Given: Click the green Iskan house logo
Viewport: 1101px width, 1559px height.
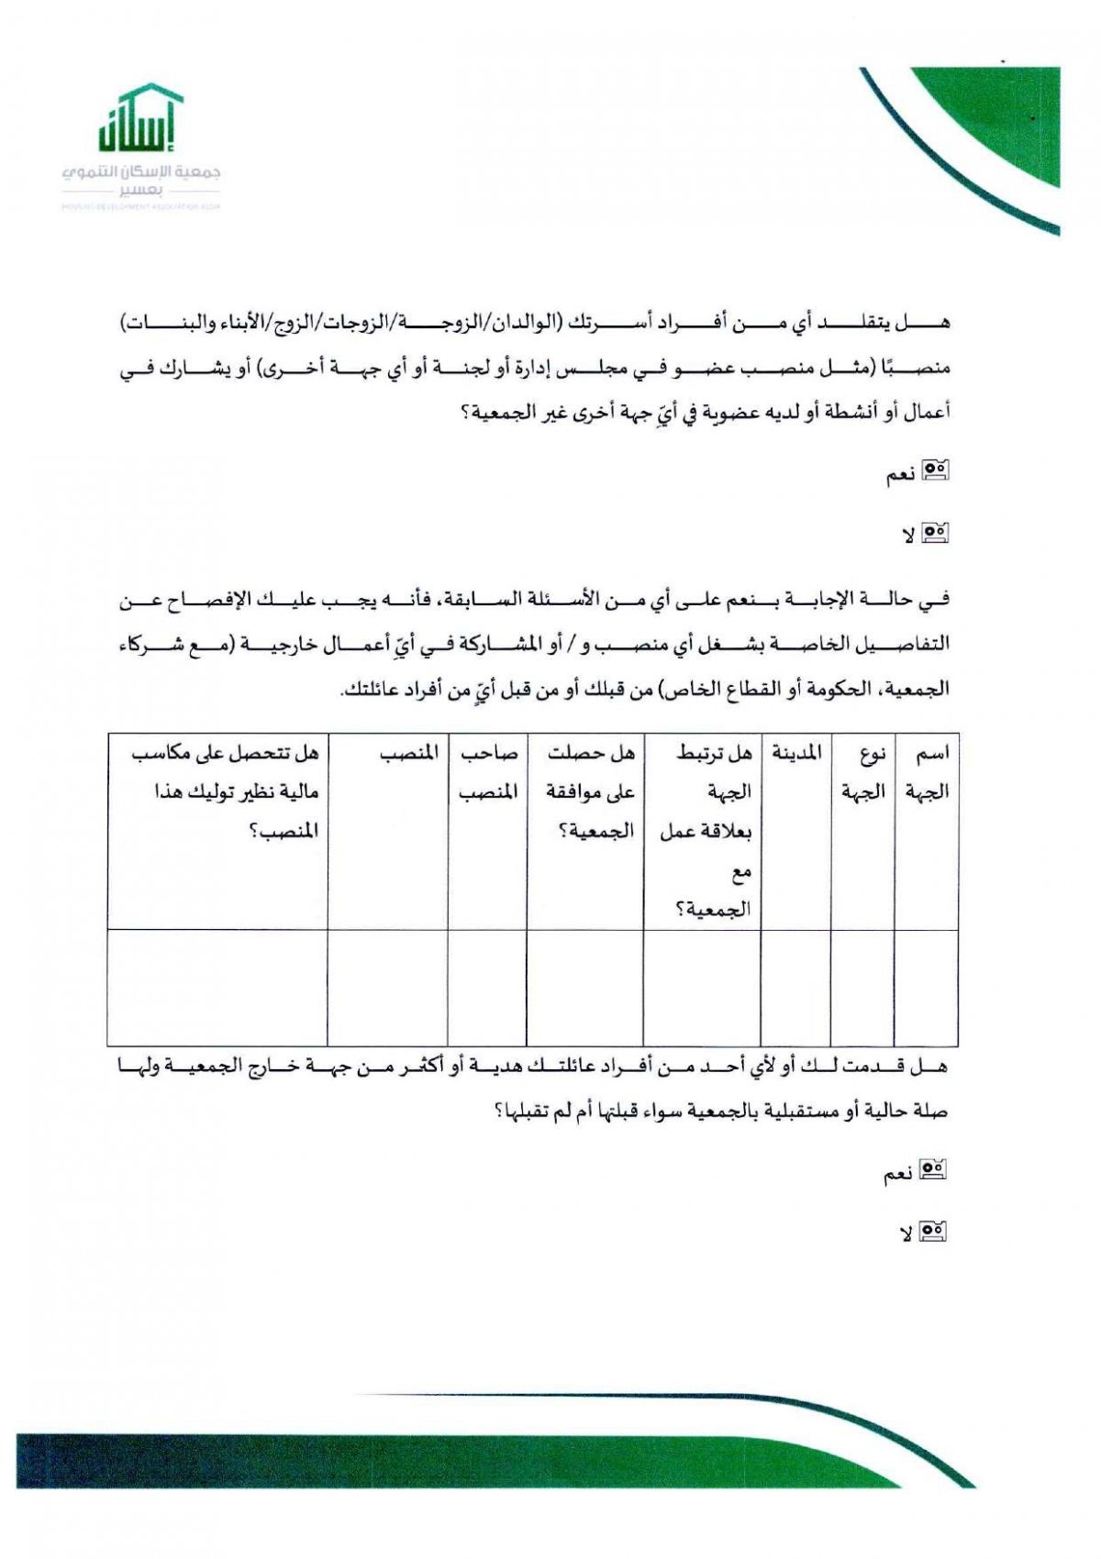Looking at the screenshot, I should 139,119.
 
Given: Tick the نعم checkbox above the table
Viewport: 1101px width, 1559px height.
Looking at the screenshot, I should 935,471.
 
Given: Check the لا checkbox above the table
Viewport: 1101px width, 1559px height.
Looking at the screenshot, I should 935,532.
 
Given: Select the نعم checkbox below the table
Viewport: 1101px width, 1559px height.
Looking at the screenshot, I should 933,1170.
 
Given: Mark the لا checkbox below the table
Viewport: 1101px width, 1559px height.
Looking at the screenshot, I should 933,1231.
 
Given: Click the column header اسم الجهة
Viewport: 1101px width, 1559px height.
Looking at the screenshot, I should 927,772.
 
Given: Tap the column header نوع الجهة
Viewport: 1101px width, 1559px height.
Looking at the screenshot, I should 863,772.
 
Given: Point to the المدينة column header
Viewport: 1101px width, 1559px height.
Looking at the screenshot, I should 796,754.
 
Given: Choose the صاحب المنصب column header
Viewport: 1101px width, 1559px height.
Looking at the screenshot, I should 488,772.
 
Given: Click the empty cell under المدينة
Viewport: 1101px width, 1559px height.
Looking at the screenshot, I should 796,988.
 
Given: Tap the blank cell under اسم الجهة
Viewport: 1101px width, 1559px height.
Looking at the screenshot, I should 927,988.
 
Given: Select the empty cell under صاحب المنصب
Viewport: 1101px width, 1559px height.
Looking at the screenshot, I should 488,988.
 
